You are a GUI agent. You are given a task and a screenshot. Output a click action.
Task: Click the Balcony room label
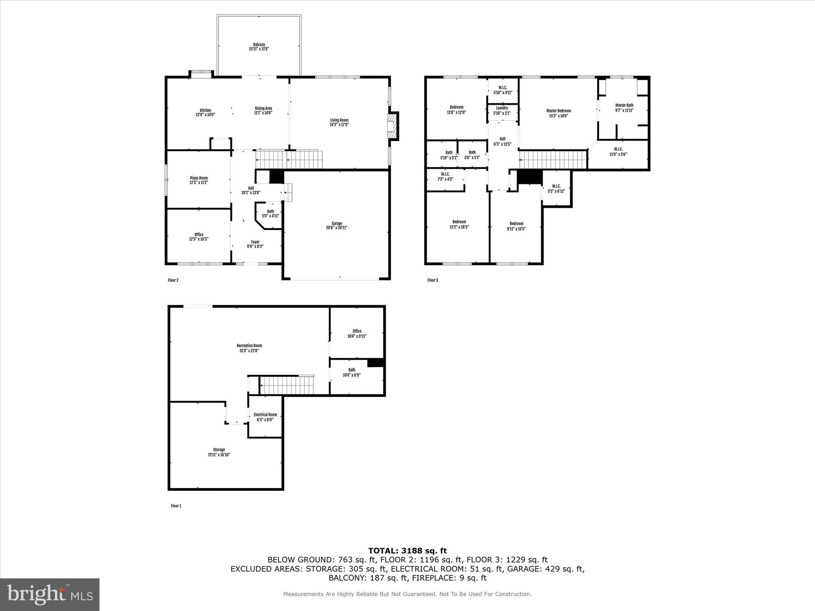[259, 45]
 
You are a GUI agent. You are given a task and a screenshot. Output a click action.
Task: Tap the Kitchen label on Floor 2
[205, 110]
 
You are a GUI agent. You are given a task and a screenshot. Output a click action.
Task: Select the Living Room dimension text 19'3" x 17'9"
[339, 125]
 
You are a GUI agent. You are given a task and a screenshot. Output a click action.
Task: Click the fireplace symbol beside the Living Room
[393, 126]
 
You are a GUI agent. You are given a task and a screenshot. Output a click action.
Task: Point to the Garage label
[337, 224]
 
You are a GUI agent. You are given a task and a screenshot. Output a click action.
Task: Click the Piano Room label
[199, 178]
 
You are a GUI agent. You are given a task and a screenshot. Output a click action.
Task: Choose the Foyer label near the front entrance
[255, 242]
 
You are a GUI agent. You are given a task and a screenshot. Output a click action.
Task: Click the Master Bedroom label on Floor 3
[558, 111]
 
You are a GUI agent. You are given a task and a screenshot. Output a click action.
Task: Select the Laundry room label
[502, 108]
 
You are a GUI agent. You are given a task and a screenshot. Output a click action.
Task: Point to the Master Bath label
[624, 105]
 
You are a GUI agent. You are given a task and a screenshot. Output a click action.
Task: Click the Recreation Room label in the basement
[249, 346]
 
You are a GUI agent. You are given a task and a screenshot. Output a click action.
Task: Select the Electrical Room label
[265, 414]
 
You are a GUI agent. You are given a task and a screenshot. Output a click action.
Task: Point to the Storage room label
[219, 449]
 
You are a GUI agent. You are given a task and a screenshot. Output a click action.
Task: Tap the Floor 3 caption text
[433, 280]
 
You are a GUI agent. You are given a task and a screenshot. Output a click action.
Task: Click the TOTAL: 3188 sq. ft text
[407, 551]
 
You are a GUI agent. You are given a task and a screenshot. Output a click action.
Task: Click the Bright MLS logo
[50, 595]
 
